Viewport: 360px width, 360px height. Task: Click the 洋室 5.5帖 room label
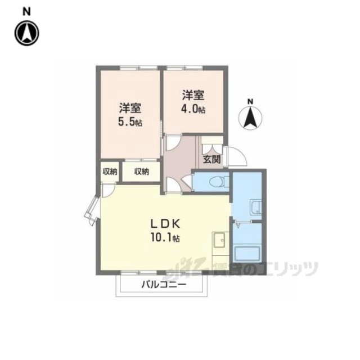[130, 115]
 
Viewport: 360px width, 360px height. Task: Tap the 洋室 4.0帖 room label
[193, 102]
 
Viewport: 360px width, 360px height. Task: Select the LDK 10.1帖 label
[165, 230]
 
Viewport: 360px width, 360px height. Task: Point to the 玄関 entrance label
[211, 159]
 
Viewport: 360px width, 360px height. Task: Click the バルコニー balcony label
[164, 285]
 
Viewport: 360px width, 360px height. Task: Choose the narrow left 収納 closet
[110, 172]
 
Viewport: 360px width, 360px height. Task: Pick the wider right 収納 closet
[141, 172]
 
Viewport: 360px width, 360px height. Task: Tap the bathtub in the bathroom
[247, 255]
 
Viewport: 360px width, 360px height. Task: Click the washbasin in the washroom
[256, 207]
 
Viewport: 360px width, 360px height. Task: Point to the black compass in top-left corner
[27, 33]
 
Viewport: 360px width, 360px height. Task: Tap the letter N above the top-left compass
[26, 12]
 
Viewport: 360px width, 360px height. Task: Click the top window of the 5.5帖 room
[139, 67]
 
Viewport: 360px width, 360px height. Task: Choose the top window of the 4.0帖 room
[185, 67]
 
